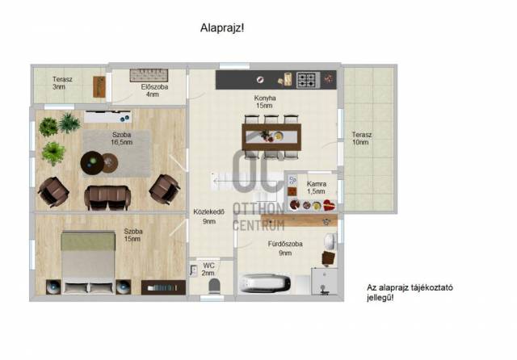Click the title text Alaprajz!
(222, 28)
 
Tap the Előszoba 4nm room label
(154, 90)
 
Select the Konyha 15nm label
(265, 102)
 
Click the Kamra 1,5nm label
(317, 187)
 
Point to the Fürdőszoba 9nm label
(285, 249)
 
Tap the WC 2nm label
(208, 270)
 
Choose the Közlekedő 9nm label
(209, 216)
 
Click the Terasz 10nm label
(361, 138)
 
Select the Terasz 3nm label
(62, 83)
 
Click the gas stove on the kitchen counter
(308, 80)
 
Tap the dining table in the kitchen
(271, 136)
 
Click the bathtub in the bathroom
(266, 283)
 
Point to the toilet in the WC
(214, 286)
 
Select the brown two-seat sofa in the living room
(107, 197)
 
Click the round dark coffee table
(92, 163)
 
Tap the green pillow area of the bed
(88, 241)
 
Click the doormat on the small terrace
(99, 86)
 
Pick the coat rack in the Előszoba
(149, 75)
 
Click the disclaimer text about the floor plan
(410, 292)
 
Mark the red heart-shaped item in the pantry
(329, 206)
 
